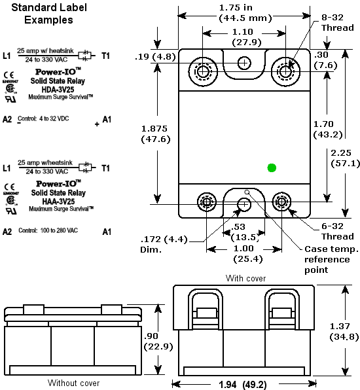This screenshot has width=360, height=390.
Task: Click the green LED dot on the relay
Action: tap(272, 168)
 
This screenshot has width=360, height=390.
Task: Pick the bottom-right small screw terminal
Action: tap(282, 203)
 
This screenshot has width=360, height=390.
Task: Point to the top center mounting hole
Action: tap(244, 63)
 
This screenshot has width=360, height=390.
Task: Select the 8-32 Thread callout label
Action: tap(337, 23)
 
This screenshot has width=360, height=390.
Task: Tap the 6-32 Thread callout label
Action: tap(337, 231)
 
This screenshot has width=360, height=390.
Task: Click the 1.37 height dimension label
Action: tap(343, 331)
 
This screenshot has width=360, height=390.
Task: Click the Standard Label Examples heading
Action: tap(48, 14)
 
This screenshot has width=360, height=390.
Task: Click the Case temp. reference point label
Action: tap(330, 259)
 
